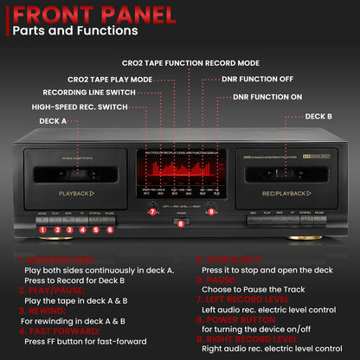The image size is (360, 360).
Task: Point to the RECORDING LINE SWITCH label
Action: pos(87,92)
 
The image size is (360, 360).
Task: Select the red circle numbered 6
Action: pos(109,230)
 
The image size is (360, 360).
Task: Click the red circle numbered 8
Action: pos(180,224)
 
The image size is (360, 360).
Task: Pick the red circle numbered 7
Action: pos(151,211)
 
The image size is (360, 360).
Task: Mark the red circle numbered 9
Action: pos(210,211)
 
